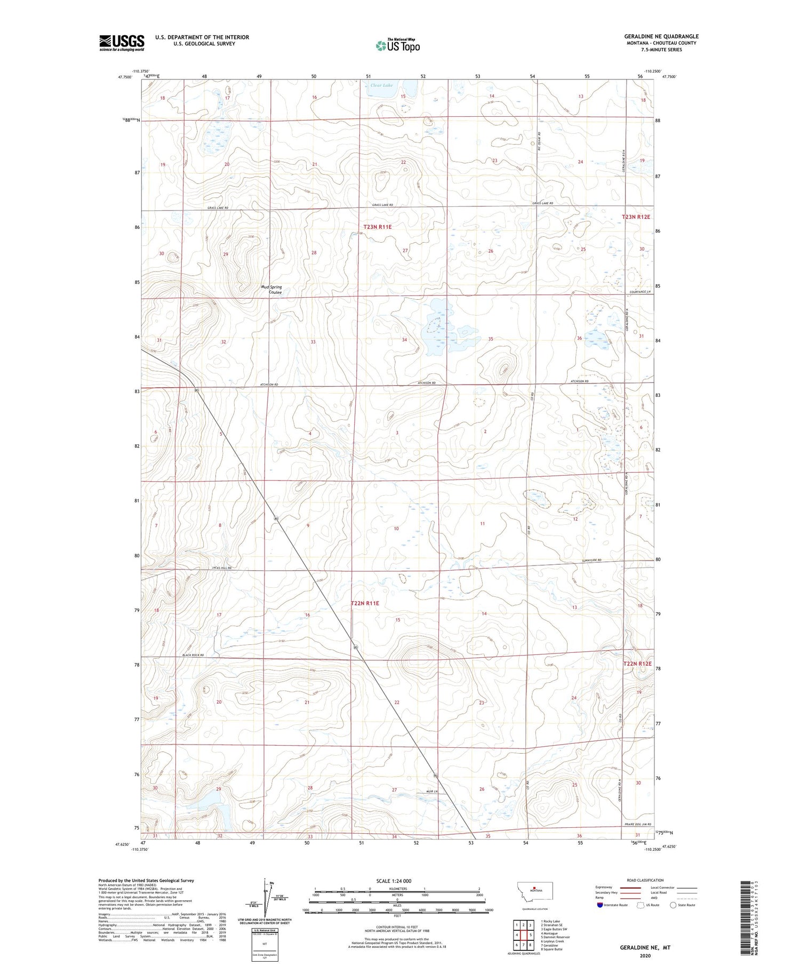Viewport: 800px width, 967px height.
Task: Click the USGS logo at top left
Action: click(122, 43)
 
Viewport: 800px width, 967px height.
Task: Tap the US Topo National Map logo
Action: click(397, 46)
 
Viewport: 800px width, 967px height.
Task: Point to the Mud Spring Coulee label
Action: click(271, 290)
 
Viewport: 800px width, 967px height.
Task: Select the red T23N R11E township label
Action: click(374, 227)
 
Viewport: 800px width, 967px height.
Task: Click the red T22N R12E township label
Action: click(637, 664)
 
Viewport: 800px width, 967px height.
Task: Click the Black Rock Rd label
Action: click(193, 654)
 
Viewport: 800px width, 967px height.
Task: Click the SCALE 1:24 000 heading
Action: click(394, 881)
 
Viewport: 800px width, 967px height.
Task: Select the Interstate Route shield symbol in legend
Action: click(600, 905)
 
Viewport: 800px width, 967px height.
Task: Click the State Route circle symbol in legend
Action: click(673, 905)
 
